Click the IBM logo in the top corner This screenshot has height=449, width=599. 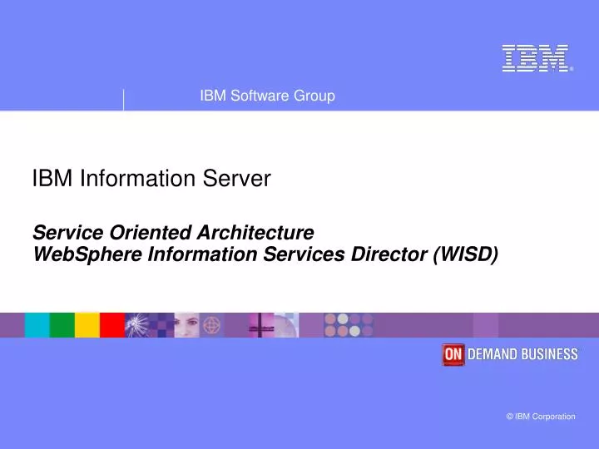click(536, 58)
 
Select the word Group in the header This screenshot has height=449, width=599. click(315, 96)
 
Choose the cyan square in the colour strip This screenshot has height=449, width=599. click(37, 325)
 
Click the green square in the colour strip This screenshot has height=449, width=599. click(62, 325)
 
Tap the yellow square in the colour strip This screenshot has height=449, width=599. click(87, 325)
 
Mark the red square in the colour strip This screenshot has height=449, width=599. click(111, 325)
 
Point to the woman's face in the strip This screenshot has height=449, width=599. click(186, 324)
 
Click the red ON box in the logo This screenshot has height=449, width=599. click(453, 354)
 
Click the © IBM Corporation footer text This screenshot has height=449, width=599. click(540, 417)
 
